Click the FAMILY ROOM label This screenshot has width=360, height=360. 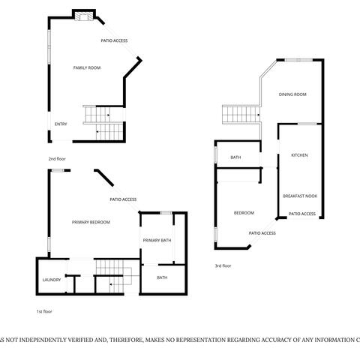86,68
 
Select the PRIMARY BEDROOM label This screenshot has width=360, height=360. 91,223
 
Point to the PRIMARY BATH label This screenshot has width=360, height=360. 157,240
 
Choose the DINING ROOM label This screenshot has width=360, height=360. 292,94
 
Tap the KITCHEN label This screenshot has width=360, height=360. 299,155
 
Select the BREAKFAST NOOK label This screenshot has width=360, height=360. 299,196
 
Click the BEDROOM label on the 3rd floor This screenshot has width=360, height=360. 244,213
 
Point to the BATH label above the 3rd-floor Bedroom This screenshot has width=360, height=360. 235,157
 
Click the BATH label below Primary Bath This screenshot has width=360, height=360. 162,277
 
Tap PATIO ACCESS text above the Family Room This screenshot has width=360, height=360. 114,40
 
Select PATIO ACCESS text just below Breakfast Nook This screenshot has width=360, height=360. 302,214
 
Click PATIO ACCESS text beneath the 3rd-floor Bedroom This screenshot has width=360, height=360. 262,233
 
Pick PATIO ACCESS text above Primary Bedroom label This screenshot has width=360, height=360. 123,199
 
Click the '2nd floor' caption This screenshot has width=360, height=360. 57,159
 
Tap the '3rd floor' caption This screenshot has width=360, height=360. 223,265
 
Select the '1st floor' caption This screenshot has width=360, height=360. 44,311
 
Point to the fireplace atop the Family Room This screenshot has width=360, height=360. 84,16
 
